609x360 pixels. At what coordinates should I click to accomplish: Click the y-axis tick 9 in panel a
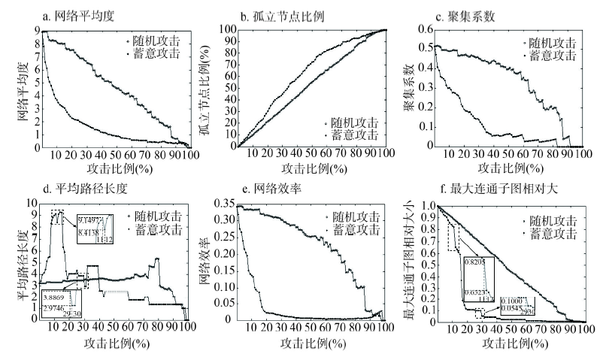pyautogui.click(x=36, y=30)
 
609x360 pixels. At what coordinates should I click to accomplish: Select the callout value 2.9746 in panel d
pyautogui.click(x=55, y=308)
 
